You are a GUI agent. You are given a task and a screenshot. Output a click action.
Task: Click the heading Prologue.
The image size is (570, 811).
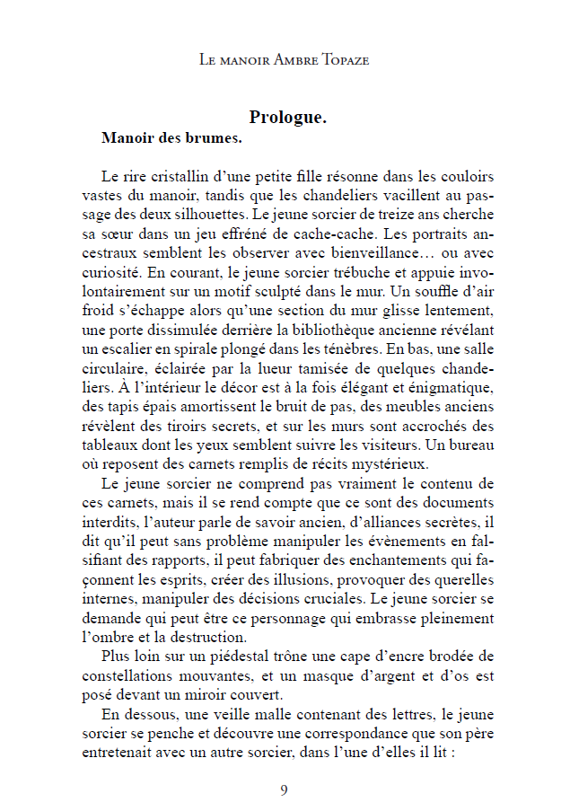(x=287, y=118)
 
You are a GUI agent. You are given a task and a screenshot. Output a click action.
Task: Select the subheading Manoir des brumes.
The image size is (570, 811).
(x=171, y=139)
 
